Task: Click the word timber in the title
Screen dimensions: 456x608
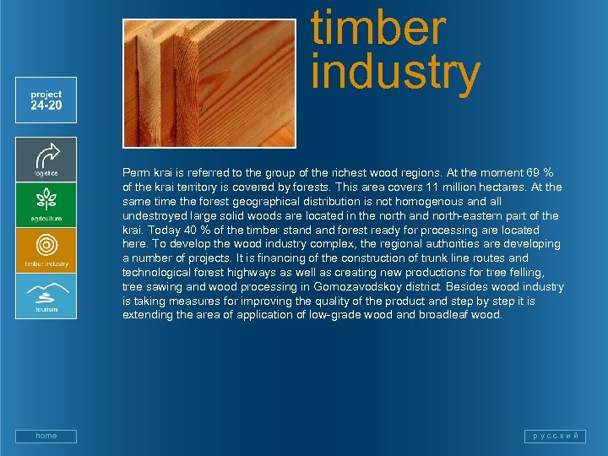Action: [377, 28]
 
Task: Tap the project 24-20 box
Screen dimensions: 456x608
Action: [46, 100]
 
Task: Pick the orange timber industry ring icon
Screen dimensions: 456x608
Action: [46, 247]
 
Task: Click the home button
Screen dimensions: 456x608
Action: [46, 436]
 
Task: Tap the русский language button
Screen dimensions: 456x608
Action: [555, 436]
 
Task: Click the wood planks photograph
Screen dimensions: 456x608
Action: [209, 83]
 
